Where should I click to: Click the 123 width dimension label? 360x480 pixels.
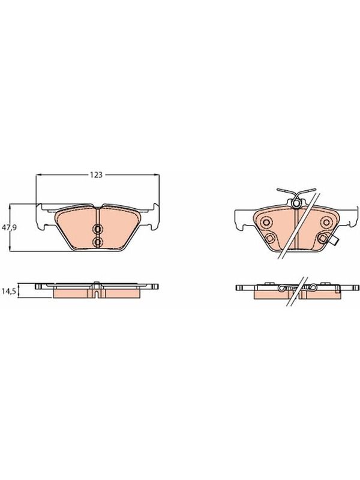(96, 175)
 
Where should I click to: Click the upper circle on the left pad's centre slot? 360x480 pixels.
(98, 229)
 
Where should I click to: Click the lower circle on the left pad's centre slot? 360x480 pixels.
(98, 242)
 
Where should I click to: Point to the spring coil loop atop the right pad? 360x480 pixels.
(296, 203)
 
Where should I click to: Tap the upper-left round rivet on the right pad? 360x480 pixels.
(266, 222)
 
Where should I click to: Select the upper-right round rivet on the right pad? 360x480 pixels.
(326, 222)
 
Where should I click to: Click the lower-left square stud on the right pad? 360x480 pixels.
(270, 238)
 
